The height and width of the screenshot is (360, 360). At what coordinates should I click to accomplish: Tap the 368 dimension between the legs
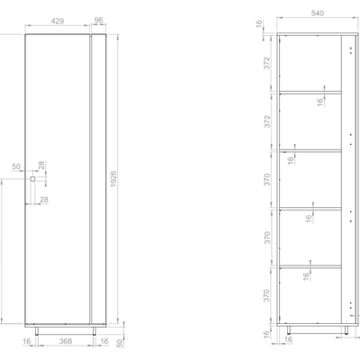click(x=61, y=343)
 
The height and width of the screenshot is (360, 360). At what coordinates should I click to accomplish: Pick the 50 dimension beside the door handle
click(x=15, y=167)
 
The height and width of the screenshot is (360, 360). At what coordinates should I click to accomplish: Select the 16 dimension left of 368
click(x=28, y=343)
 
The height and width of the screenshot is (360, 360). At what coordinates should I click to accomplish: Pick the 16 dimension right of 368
click(x=106, y=343)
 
